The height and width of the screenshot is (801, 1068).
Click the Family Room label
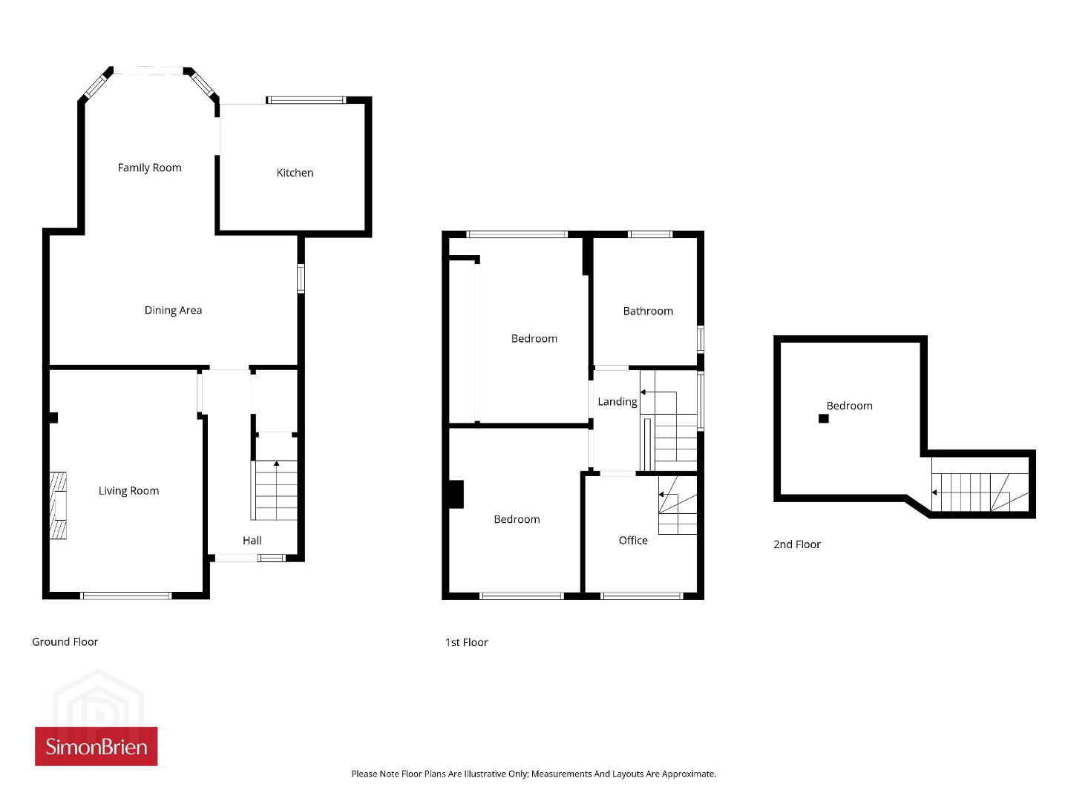point(149,168)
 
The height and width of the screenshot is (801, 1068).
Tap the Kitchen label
point(295,173)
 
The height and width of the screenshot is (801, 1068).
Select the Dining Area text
point(173,310)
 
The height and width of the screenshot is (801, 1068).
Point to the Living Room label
point(128,491)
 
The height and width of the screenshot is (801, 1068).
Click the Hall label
point(252,540)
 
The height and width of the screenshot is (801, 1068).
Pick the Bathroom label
point(648,311)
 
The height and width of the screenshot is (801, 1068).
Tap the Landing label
point(617,401)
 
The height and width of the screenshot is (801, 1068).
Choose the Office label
point(633,540)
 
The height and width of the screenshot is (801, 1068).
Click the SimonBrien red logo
point(96,746)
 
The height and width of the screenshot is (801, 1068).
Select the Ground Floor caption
point(65,642)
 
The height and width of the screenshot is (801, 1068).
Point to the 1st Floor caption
point(466,642)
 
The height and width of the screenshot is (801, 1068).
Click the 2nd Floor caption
point(797,544)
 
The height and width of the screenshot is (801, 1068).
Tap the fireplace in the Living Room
point(58,506)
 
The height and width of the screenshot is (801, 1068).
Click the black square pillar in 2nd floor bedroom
point(823,418)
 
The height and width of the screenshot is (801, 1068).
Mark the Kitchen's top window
point(306,100)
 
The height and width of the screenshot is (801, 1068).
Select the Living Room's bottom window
point(126,596)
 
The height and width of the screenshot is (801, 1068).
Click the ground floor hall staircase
point(275,490)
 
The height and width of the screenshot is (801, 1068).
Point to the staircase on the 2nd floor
point(980,492)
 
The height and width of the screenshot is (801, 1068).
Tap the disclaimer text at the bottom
point(534,774)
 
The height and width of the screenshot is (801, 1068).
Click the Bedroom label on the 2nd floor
point(849,406)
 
